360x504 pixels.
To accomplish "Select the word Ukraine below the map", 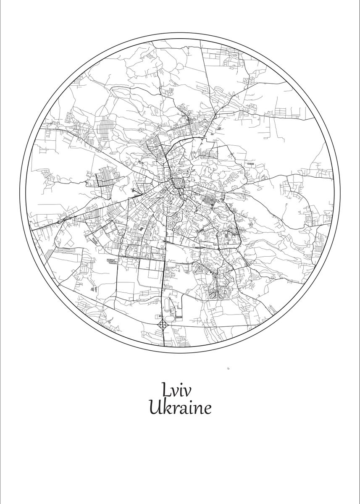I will [180, 408].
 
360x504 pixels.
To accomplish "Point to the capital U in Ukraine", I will [155, 407].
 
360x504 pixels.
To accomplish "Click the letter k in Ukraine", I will [167, 407].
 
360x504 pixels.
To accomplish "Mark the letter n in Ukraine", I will [197, 409].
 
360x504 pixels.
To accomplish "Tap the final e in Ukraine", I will [206, 409].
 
